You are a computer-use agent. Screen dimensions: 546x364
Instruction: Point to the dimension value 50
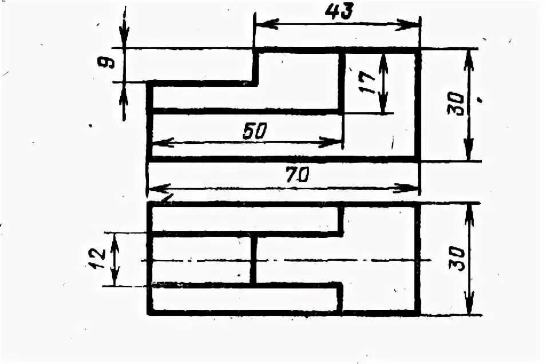[255, 132]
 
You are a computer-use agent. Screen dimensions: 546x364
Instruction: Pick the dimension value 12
[97, 259]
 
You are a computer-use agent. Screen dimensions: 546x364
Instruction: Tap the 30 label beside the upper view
[456, 104]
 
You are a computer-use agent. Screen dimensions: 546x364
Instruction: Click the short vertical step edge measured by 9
[255, 67]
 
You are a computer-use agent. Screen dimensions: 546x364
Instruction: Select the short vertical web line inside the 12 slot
[253, 259]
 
